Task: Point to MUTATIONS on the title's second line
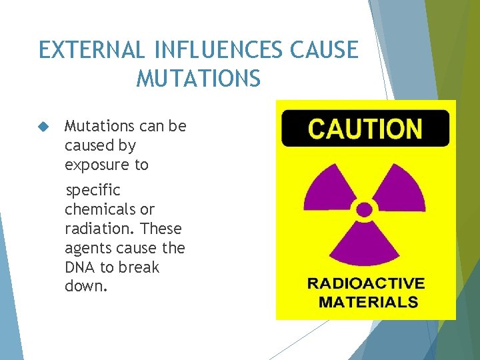click(198, 79)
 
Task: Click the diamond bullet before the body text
click(45, 127)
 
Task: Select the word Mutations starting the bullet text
click(97, 126)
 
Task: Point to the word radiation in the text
click(96, 229)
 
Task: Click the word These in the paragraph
click(162, 229)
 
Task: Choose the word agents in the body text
click(86, 249)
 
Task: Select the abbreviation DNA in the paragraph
click(79, 267)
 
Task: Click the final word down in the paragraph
click(83, 286)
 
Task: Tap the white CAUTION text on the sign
click(365, 129)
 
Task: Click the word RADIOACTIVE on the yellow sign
click(365, 283)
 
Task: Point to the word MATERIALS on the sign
click(368, 302)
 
